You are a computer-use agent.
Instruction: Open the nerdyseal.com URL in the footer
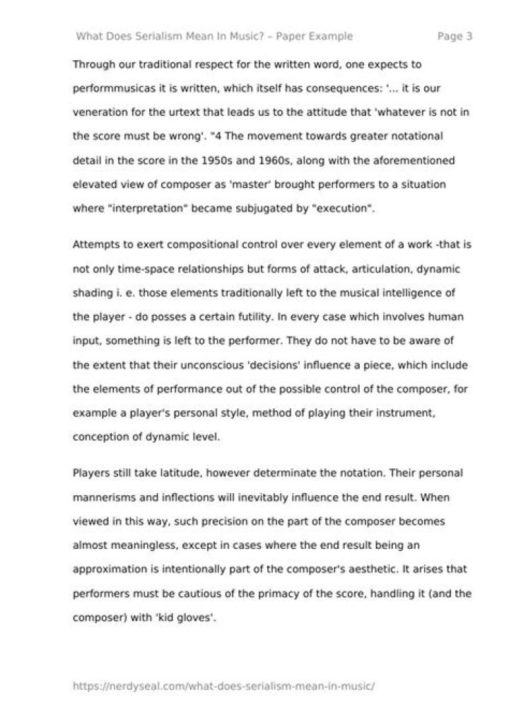point(223,686)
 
